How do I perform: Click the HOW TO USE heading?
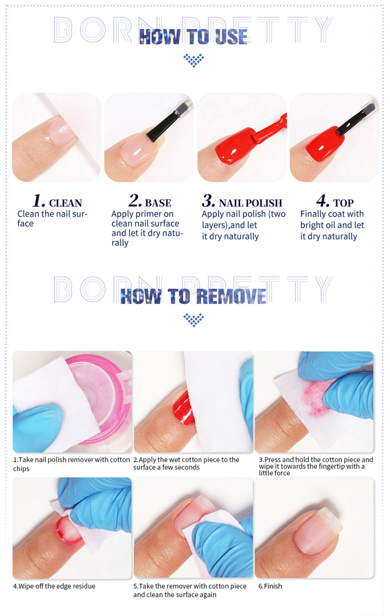pyautogui.click(x=193, y=37)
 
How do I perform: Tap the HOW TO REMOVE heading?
pyautogui.click(x=193, y=297)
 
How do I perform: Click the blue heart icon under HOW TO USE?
pyautogui.click(x=194, y=60)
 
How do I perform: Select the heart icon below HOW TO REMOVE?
pyautogui.click(x=194, y=320)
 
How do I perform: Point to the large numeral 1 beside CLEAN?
pyautogui.click(x=39, y=201)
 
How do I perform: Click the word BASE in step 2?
pyautogui.click(x=158, y=203)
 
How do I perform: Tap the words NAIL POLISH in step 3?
pyautogui.click(x=250, y=203)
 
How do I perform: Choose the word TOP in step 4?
pyautogui.click(x=344, y=203)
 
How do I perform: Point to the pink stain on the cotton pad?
pyautogui.click(x=313, y=401)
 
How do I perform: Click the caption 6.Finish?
pyautogui.click(x=270, y=586)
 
